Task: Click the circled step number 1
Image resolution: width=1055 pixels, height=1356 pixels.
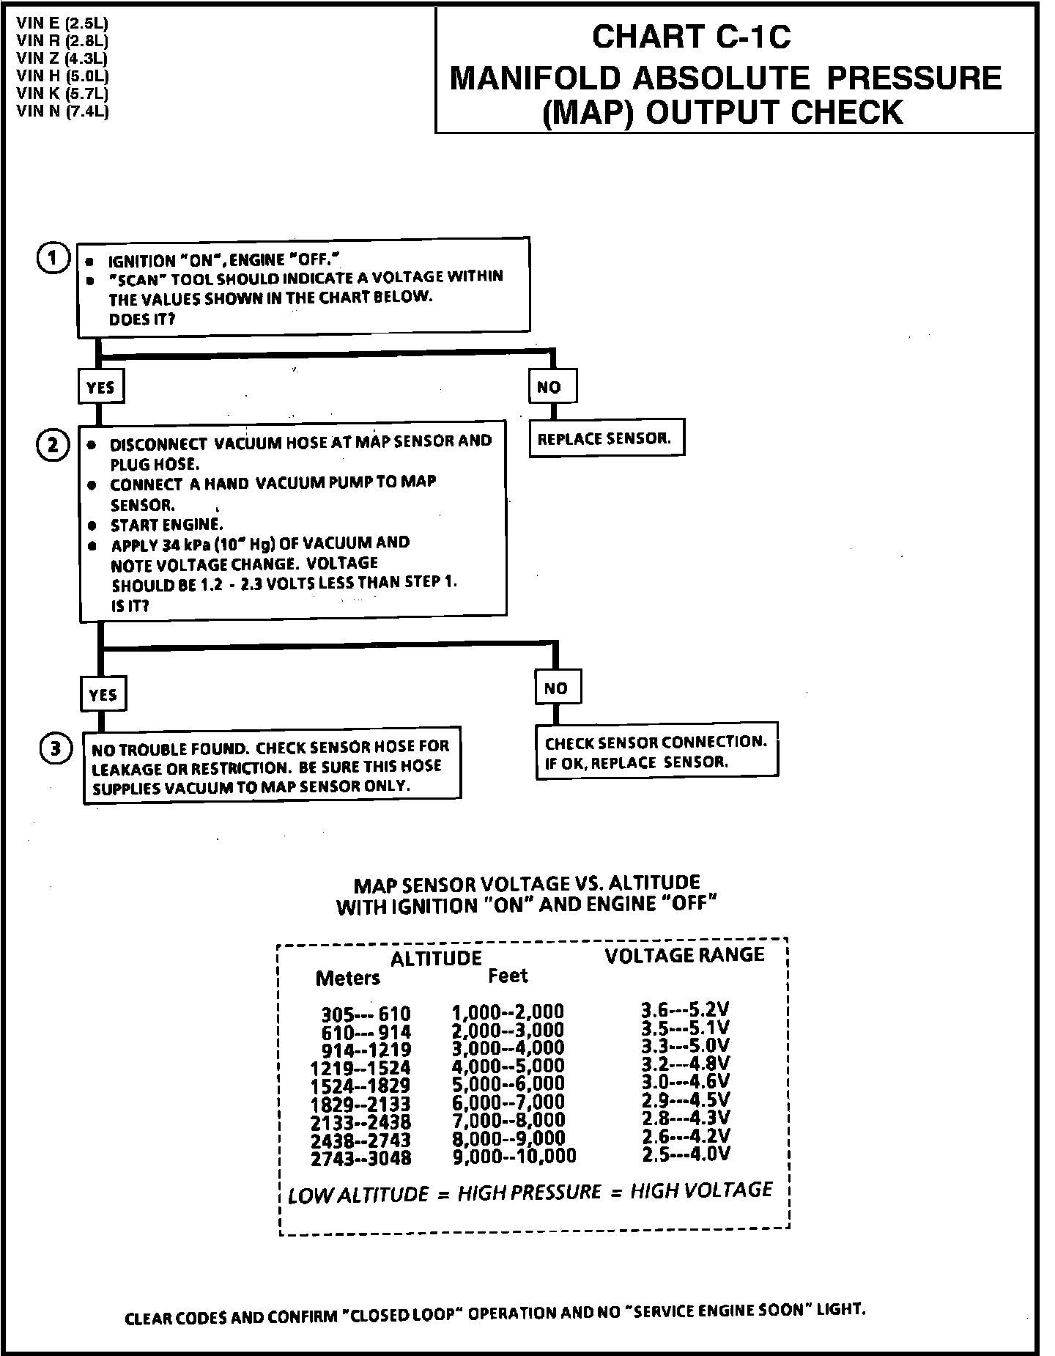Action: point(53,259)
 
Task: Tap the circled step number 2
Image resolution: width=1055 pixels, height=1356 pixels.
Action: point(53,445)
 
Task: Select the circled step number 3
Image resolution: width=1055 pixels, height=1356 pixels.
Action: point(56,748)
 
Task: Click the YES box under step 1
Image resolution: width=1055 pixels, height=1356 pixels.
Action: point(100,387)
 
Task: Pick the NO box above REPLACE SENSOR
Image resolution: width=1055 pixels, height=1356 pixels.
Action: point(552,386)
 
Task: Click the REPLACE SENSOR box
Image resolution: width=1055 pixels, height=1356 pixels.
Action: point(606,438)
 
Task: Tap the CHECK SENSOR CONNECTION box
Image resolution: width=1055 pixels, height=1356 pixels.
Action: point(656,751)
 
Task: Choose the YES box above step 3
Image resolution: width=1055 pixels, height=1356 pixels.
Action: point(103,694)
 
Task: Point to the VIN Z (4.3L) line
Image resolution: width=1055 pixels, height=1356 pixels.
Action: point(62,59)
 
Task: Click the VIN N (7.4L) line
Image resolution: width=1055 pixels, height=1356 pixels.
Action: point(62,111)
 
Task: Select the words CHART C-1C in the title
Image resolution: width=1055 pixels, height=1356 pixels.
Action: point(692,37)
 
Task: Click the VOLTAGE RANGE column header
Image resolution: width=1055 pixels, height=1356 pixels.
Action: point(684,954)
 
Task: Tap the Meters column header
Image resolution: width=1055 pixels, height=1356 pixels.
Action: point(348,978)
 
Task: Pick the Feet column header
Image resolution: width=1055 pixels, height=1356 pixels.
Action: point(508,976)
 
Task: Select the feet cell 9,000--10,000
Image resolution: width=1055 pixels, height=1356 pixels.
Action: point(514,1156)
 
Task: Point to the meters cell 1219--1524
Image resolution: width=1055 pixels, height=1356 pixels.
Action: point(360,1068)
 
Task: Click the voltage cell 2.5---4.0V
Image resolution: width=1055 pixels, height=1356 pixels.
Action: point(686,1154)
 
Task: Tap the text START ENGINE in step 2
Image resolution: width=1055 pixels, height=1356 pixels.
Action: point(166,525)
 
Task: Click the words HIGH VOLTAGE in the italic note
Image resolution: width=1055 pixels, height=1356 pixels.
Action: point(701,1190)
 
